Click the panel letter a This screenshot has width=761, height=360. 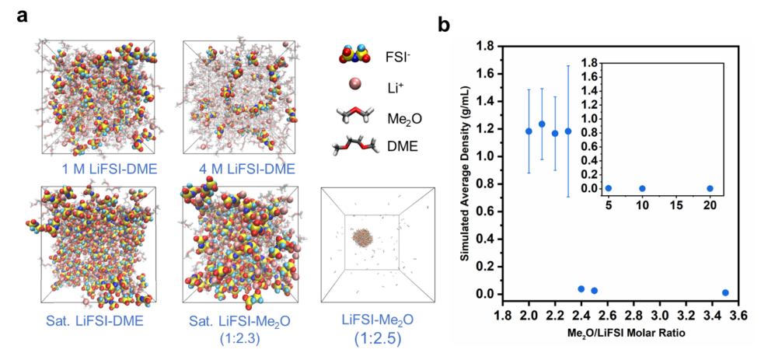pyautogui.click(x=23, y=15)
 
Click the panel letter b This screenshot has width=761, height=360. pyautogui.click(x=445, y=24)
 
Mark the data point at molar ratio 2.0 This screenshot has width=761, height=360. pyautogui.click(x=529, y=131)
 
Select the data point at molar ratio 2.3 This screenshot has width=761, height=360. pyautogui.click(x=568, y=131)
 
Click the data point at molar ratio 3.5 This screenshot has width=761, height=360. pyautogui.click(x=725, y=292)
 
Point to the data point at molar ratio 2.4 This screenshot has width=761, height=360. pyautogui.click(x=581, y=288)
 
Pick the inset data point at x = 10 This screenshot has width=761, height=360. pyautogui.click(x=642, y=188)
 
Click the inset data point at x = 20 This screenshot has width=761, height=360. pyautogui.click(x=710, y=188)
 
